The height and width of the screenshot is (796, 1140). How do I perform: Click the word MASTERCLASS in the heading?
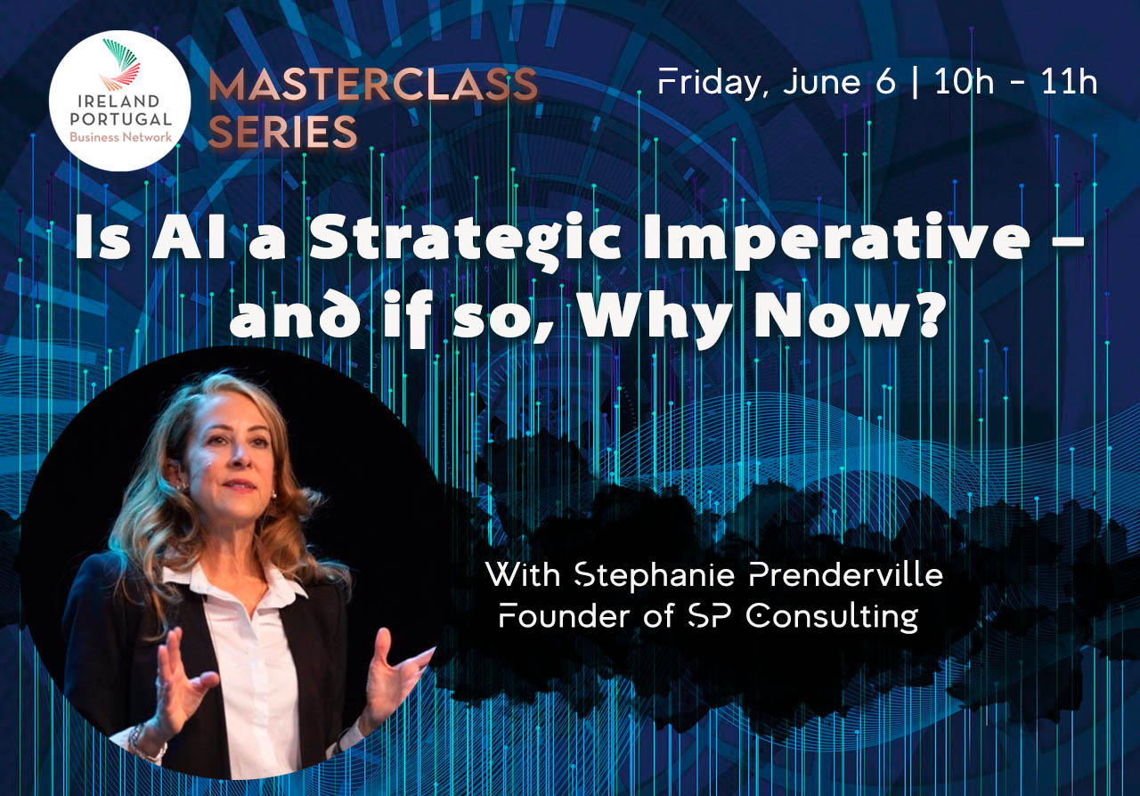click(x=373, y=85)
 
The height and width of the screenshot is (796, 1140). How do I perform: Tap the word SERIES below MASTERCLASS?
click(x=282, y=132)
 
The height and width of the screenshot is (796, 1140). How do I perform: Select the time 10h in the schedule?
click(x=964, y=82)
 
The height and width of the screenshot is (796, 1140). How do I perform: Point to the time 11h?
click(x=1069, y=82)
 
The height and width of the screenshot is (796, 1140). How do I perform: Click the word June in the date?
click(x=822, y=82)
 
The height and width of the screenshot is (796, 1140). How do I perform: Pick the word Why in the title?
click(x=657, y=317)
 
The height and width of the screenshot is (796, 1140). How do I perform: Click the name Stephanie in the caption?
click(x=654, y=575)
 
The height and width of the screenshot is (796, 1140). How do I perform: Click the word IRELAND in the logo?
click(x=118, y=101)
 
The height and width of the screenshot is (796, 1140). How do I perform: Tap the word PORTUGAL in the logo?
click(x=120, y=119)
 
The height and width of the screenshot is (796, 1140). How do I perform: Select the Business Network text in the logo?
click(x=120, y=137)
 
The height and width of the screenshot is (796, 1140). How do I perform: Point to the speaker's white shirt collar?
click(x=234, y=584)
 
